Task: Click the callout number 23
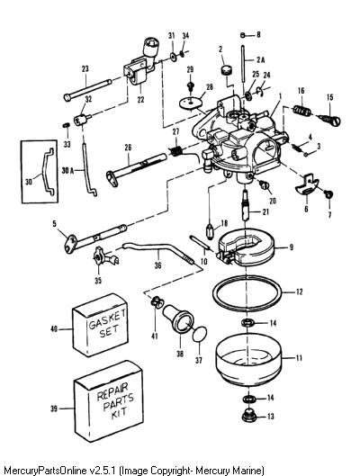(x=85, y=69)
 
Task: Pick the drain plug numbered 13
(x=249, y=416)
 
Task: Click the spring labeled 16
(x=302, y=111)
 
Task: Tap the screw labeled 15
(x=329, y=119)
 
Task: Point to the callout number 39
(x=54, y=409)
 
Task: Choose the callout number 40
(x=54, y=328)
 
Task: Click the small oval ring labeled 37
(x=200, y=335)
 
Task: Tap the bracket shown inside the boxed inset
(x=45, y=170)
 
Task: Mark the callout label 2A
(x=260, y=59)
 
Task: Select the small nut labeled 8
(x=242, y=35)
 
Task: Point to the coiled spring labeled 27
(x=175, y=150)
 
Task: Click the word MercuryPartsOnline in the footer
(x=46, y=471)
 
